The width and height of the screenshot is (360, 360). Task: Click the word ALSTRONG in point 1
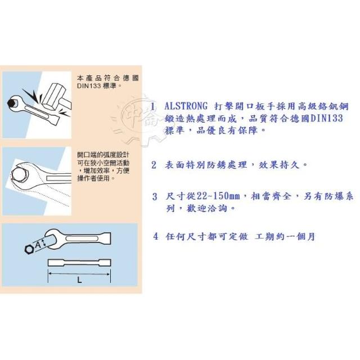[x=186, y=106]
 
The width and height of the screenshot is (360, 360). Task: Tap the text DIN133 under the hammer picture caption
[x=89, y=86]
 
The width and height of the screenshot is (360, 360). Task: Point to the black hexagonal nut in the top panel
[x=11, y=103]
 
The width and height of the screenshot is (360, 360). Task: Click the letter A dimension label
[x=38, y=244]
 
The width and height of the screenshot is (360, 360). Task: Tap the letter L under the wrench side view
[x=79, y=280]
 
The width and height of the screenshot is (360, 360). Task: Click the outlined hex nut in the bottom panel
[x=29, y=249]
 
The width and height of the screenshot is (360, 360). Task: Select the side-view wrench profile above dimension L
[x=79, y=263]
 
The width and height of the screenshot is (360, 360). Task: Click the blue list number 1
[x=153, y=106]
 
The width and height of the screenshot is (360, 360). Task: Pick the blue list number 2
[x=154, y=165]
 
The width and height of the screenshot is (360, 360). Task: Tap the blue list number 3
[x=155, y=197]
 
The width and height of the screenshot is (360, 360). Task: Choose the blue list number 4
[x=156, y=236]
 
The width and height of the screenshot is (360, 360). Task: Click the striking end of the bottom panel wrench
[x=106, y=238]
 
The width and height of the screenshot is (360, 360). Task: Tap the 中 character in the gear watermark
[x=132, y=114]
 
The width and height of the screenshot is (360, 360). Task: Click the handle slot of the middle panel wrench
[x=58, y=178]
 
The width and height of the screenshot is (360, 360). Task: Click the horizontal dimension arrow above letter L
[x=79, y=274]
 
